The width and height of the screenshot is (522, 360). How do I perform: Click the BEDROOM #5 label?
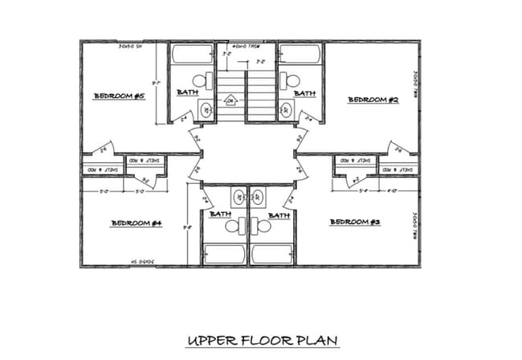pos(119,96)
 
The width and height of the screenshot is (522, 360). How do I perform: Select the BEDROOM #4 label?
pos(137,223)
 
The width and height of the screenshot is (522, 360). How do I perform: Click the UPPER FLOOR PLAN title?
pos(262,341)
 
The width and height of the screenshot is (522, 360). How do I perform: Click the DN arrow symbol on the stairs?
pos(230,101)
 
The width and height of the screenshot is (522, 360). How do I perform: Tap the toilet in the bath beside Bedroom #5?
pos(207,80)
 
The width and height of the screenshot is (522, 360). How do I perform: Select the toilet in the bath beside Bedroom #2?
pos(291,80)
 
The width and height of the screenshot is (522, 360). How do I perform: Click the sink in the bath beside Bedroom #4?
pos(238,196)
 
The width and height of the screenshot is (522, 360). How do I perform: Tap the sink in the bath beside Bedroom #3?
pos(259,196)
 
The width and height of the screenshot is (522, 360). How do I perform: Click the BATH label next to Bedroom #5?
pos(188,93)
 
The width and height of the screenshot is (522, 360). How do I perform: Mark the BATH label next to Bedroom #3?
pos(279,215)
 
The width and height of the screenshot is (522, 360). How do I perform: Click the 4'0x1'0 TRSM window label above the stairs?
pos(247,45)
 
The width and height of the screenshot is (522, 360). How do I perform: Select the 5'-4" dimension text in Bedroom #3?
pos(363,191)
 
